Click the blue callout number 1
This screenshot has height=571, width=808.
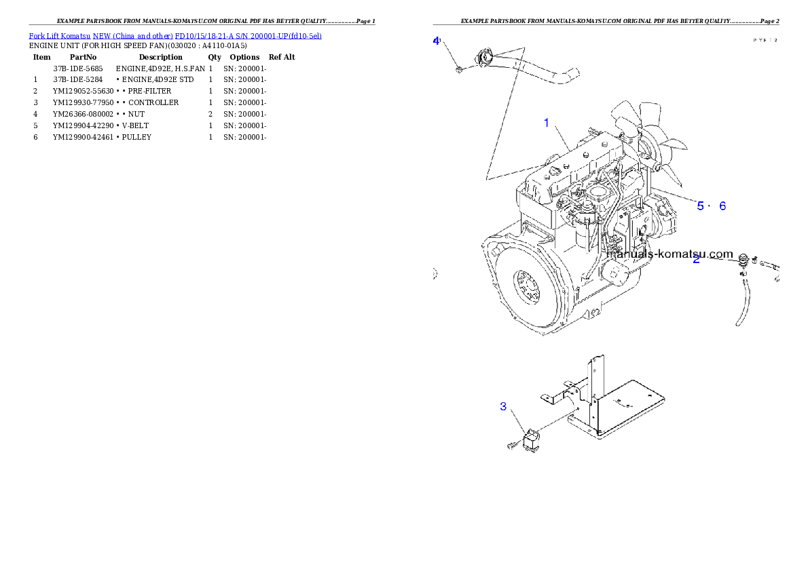point(546,123)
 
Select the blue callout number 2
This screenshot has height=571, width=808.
point(696,259)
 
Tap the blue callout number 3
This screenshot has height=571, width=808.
point(503,406)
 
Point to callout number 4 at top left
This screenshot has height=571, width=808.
point(436,41)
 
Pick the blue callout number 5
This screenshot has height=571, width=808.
point(700,205)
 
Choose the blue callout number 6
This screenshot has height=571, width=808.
point(722,205)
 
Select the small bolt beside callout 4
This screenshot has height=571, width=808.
point(460,69)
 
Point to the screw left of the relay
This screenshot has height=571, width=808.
point(512,446)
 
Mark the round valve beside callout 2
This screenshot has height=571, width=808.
point(743,258)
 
